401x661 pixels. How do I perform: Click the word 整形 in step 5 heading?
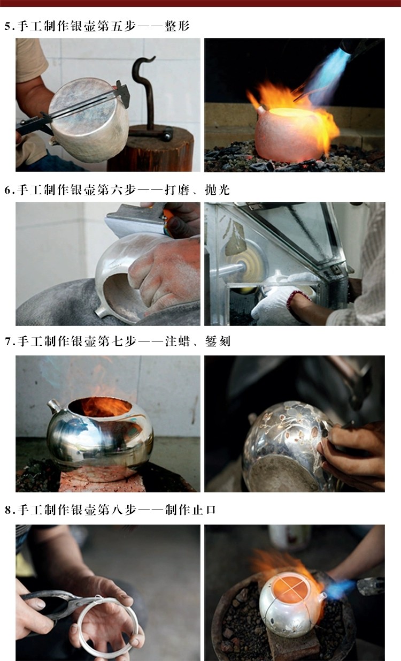(177, 26)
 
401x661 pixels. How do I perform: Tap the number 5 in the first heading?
(7, 26)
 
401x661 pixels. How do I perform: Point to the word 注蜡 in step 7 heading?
(177, 341)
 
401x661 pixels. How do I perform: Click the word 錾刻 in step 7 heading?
(218, 341)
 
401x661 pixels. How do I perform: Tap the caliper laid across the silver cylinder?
(75, 110)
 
